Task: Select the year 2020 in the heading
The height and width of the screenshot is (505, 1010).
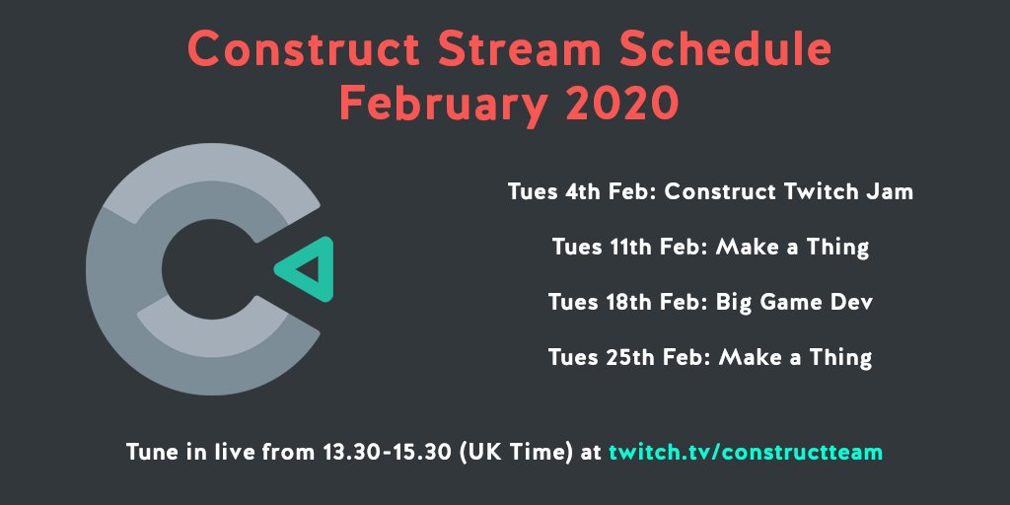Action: pyautogui.click(x=621, y=105)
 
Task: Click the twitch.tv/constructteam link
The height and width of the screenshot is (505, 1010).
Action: pyautogui.click(x=746, y=452)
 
